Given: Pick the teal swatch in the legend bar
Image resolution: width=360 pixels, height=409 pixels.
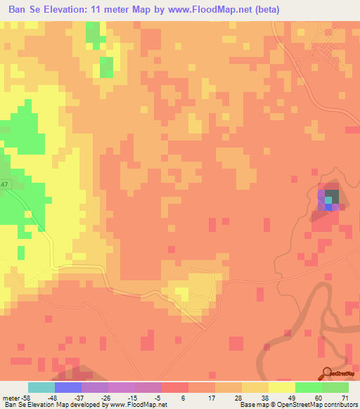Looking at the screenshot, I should [x=41, y=387].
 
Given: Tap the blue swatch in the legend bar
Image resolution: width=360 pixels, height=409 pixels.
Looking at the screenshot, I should [x=68, y=387].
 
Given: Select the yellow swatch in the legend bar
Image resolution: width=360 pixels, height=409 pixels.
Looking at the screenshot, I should [x=282, y=387].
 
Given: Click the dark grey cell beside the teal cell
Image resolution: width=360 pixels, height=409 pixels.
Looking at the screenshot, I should [x=332, y=195].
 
